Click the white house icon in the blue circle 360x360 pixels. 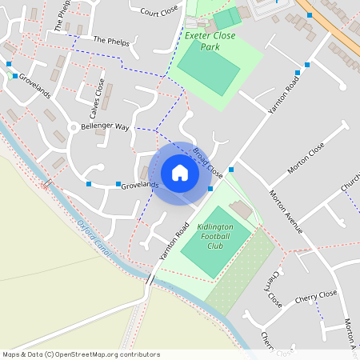pos(180,173)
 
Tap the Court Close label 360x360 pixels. pos(158,12)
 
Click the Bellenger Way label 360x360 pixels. pos(106,126)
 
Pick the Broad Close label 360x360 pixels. pos(207,160)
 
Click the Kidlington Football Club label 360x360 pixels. pos(214,237)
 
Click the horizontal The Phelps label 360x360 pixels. pos(110,39)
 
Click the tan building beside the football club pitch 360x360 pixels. pos(239,210)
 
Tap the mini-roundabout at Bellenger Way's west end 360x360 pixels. pos(73,126)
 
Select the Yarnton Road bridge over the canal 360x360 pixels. pos(150,278)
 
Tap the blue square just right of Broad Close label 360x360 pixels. pos(231,170)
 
